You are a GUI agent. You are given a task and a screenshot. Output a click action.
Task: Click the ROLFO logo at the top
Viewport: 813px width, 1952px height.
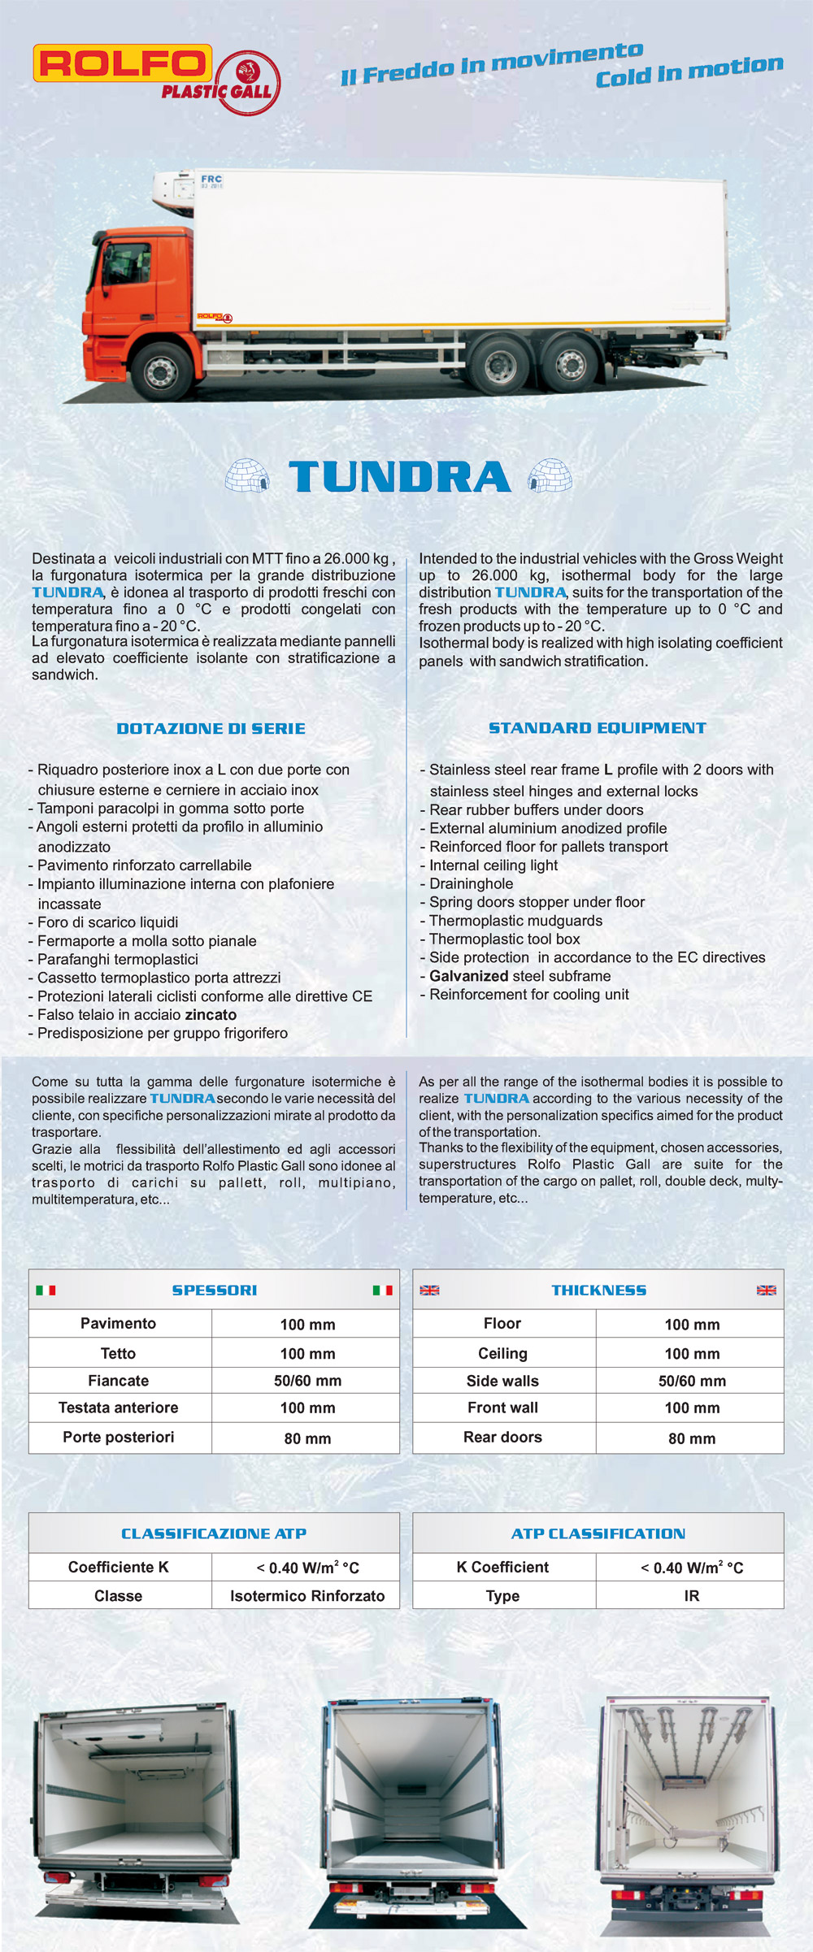click(x=122, y=63)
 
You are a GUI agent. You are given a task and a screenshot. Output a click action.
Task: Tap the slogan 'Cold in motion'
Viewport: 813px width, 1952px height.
click(x=689, y=71)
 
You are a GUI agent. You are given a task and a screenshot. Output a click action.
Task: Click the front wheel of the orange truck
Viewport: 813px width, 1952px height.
click(x=160, y=371)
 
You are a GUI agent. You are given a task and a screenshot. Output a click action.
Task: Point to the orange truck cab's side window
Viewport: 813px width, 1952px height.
click(x=125, y=264)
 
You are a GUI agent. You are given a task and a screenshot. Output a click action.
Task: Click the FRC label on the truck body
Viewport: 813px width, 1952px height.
click(x=211, y=179)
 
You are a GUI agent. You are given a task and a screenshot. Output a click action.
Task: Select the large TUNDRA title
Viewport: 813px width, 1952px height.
click(x=399, y=477)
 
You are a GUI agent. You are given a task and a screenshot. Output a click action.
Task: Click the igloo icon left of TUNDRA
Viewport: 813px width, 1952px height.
click(x=247, y=476)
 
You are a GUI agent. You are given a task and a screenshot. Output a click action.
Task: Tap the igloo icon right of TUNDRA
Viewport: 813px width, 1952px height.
click(x=550, y=476)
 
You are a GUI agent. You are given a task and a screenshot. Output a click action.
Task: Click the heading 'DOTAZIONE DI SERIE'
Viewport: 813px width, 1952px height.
click(x=211, y=729)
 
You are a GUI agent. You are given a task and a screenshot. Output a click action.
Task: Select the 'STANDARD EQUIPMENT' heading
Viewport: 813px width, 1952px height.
click(x=597, y=728)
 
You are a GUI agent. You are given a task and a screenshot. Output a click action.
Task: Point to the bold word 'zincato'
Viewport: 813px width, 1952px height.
click(x=211, y=1015)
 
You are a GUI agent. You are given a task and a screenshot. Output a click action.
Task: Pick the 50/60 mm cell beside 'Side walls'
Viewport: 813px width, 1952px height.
click(x=692, y=1381)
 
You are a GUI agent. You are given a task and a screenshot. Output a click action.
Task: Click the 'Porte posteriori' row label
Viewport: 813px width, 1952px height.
click(x=119, y=1437)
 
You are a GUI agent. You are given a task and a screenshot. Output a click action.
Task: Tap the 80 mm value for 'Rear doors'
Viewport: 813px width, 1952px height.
click(x=692, y=1438)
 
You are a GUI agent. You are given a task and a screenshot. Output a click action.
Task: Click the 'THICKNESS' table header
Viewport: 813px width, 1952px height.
click(x=599, y=1290)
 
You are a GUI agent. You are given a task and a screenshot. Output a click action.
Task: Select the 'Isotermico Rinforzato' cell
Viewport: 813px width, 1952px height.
click(x=307, y=1596)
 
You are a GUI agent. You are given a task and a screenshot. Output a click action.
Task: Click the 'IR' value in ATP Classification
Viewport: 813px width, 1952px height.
click(x=692, y=1596)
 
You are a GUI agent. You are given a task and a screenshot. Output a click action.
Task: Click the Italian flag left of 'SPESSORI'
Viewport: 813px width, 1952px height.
click(x=46, y=1290)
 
